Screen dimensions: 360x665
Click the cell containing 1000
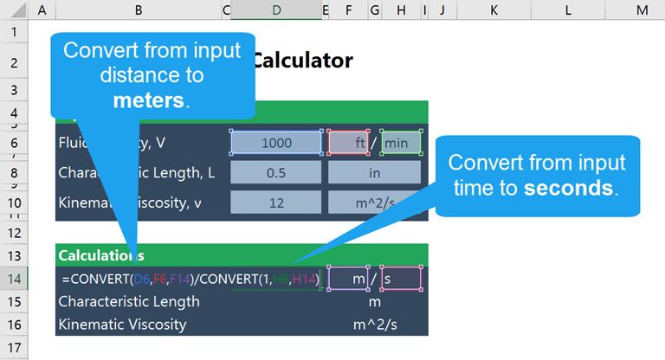click(x=276, y=143)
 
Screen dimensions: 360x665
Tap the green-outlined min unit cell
click(x=401, y=143)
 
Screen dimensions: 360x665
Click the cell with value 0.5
click(x=276, y=172)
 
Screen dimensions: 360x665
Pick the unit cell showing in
click(x=374, y=172)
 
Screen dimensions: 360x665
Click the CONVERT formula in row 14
click(x=190, y=279)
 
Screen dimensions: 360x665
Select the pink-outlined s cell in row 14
click(x=401, y=279)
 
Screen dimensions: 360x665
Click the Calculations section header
click(x=95, y=255)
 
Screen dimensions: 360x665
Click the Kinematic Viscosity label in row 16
click(x=122, y=325)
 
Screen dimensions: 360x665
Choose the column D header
click(x=275, y=9)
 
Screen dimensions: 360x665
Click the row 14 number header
click(x=14, y=279)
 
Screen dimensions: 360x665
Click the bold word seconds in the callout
click(x=571, y=188)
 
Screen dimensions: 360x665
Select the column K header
click(x=494, y=9)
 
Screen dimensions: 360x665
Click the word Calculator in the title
click(x=303, y=61)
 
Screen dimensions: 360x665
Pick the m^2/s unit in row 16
click(x=374, y=325)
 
